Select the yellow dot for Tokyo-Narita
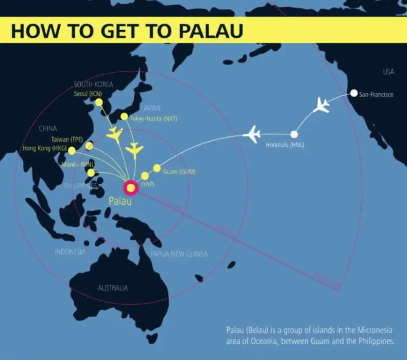[x=124, y=117]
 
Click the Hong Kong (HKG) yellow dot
[x=72, y=151]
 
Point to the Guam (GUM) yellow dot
[x=157, y=168]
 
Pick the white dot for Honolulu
[x=294, y=134]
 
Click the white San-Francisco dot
[x=354, y=94]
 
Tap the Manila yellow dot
[x=91, y=173]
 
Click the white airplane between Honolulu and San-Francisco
[x=322, y=106]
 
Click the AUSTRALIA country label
[x=113, y=288]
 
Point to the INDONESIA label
[x=70, y=252]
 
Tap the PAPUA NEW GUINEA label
[x=179, y=254]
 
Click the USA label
[x=388, y=72]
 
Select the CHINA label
[x=48, y=129]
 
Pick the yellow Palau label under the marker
[x=120, y=201]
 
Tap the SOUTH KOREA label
[x=94, y=85]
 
